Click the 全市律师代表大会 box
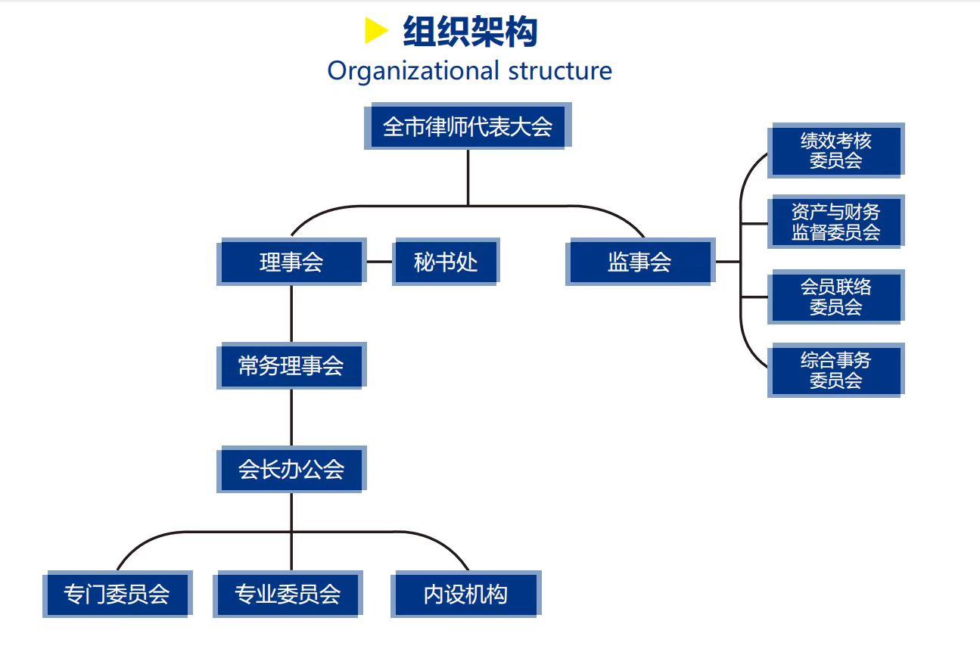coord(467,126)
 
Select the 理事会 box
coord(291,262)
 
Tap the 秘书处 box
coord(445,262)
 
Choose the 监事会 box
coord(639,262)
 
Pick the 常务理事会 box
coord(291,366)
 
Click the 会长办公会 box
coord(291,469)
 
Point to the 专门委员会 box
coord(117,594)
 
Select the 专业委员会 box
coord(288,594)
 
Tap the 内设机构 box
coord(465,594)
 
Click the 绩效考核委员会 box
coord(835,151)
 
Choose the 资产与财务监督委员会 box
coord(835,222)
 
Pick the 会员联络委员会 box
coord(835,297)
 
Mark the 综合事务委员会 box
coord(835,370)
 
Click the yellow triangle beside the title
coord(375,32)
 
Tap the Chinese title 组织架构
coord(470,32)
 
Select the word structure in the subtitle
coord(560,71)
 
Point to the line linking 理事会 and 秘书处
coord(380,262)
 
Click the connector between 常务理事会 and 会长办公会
coord(291,418)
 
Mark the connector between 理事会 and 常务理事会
coord(291,314)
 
